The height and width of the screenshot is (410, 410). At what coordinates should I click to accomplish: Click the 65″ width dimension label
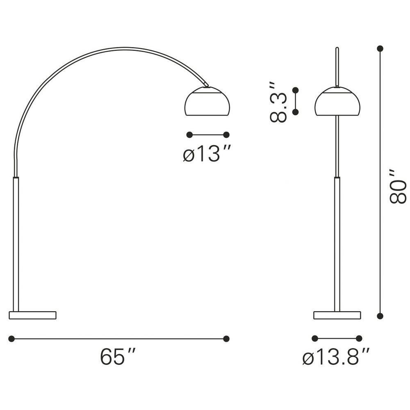click(118, 356)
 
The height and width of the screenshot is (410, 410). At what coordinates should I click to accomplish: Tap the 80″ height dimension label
click(398, 186)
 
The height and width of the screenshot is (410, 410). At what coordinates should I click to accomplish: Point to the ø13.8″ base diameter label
click(336, 356)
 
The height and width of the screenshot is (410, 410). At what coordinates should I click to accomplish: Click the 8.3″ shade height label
click(278, 102)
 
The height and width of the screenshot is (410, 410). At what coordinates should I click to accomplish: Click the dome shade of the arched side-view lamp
click(207, 101)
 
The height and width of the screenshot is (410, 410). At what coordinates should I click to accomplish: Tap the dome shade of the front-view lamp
click(337, 101)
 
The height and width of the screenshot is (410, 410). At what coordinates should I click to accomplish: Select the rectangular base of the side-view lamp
click(33, 315)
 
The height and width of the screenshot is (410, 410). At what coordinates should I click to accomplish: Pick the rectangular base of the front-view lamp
click(337, 315)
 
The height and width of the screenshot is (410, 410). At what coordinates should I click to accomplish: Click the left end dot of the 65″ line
click(11, 339)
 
